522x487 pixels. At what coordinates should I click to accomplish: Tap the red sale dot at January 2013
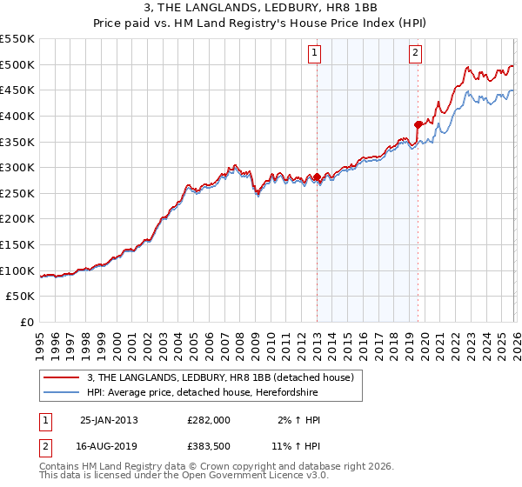317,177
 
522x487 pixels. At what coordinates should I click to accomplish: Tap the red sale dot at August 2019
418,124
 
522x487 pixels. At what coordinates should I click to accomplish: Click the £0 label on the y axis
27,322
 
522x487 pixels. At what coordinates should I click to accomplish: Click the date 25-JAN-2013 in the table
109,419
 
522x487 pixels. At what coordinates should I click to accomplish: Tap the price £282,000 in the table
210,419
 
